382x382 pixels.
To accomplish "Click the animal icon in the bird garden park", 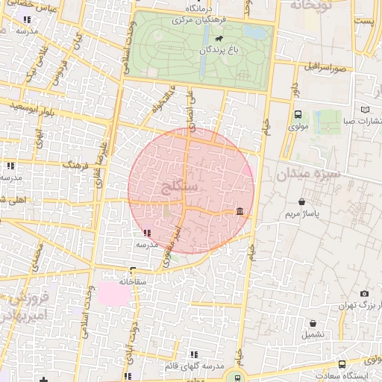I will [219, 39].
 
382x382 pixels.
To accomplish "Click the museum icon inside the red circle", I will [239, 213].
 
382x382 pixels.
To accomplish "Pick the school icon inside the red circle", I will [145, 233].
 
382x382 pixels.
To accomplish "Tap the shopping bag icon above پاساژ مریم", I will [301, 202].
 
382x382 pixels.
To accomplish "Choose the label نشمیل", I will [313, 334].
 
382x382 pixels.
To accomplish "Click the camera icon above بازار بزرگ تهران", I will [363, 294].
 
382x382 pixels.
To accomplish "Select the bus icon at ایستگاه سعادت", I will [342, 364].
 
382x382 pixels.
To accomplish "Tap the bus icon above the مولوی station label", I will [298, 115].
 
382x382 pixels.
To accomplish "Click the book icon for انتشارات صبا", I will [364, 110].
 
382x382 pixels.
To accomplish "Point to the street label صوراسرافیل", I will [325, 67].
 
